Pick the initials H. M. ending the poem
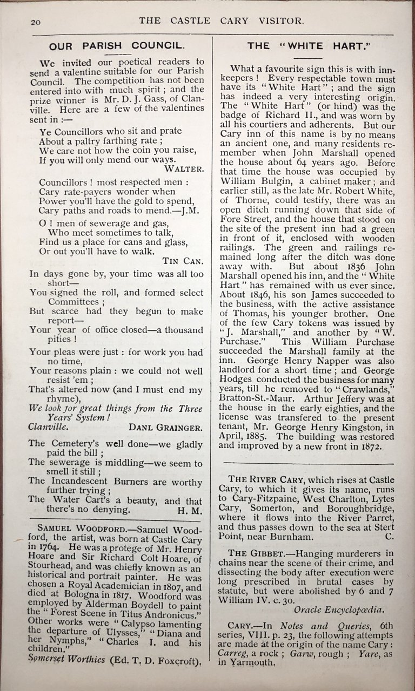tap(190, 509)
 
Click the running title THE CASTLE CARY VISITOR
tap(222, 21)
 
